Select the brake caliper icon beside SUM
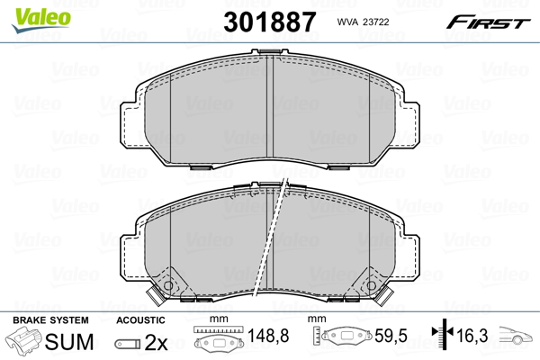tap(24, 343)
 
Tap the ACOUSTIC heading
tap(140, 320)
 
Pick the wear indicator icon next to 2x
tap(128, 344)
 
